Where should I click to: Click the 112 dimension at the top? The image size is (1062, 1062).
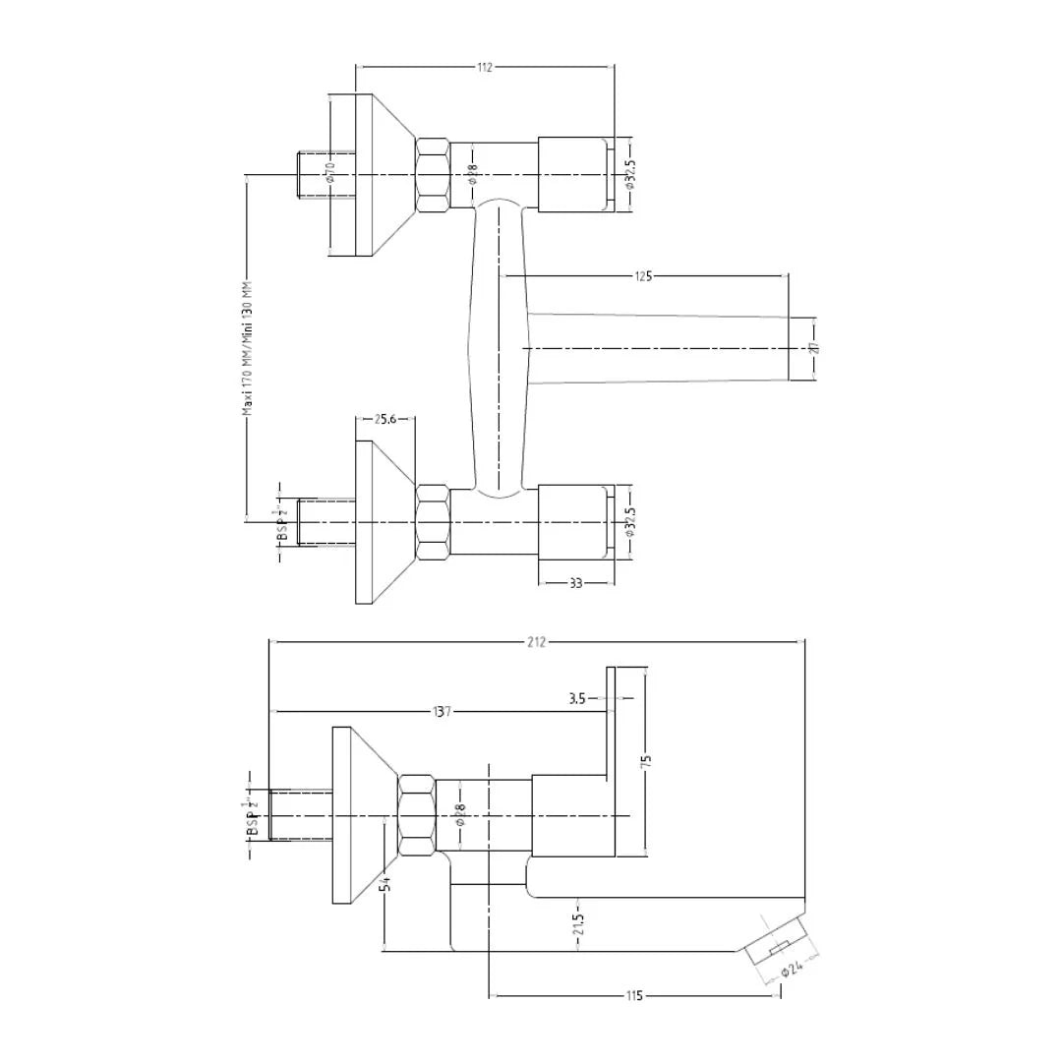click(484, 67)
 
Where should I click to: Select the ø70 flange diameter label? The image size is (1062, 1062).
click(331, 173)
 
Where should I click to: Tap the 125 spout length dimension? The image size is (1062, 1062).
click(643, 276)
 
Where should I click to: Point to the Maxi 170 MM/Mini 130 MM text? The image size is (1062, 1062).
click(249, 348)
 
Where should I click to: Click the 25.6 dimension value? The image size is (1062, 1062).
click(384, 419)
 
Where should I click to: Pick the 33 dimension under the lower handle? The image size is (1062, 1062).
click(576, 583)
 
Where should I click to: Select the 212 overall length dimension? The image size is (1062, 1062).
click(536, 642)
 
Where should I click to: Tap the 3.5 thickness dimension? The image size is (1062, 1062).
click(577, 699)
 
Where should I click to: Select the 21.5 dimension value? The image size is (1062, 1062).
click(578, 924)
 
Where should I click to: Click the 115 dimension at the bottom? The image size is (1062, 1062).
click(634, 996)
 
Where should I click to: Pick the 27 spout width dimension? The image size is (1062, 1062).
click(815, 348)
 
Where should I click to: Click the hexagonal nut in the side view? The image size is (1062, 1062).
click(417, 815)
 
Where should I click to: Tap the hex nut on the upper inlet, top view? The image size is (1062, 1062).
click(434, 174)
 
